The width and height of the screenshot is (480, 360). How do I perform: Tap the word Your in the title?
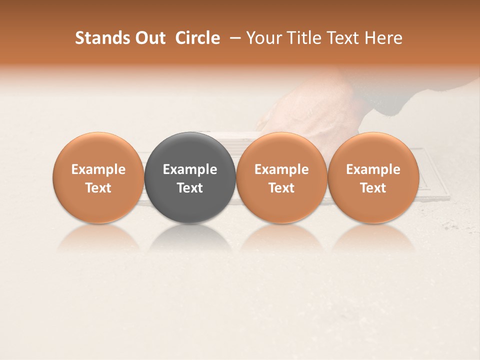[264, 38]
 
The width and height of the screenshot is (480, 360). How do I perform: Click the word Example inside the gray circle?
[190, 169]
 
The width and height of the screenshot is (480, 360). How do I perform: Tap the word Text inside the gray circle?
[190, 188]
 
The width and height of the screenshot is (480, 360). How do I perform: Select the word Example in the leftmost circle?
[98, 169]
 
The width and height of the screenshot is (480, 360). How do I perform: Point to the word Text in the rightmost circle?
[373, 188]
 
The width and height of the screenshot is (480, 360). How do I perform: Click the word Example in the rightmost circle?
[373, 169]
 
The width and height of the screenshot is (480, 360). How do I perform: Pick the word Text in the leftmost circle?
[98, 188]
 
